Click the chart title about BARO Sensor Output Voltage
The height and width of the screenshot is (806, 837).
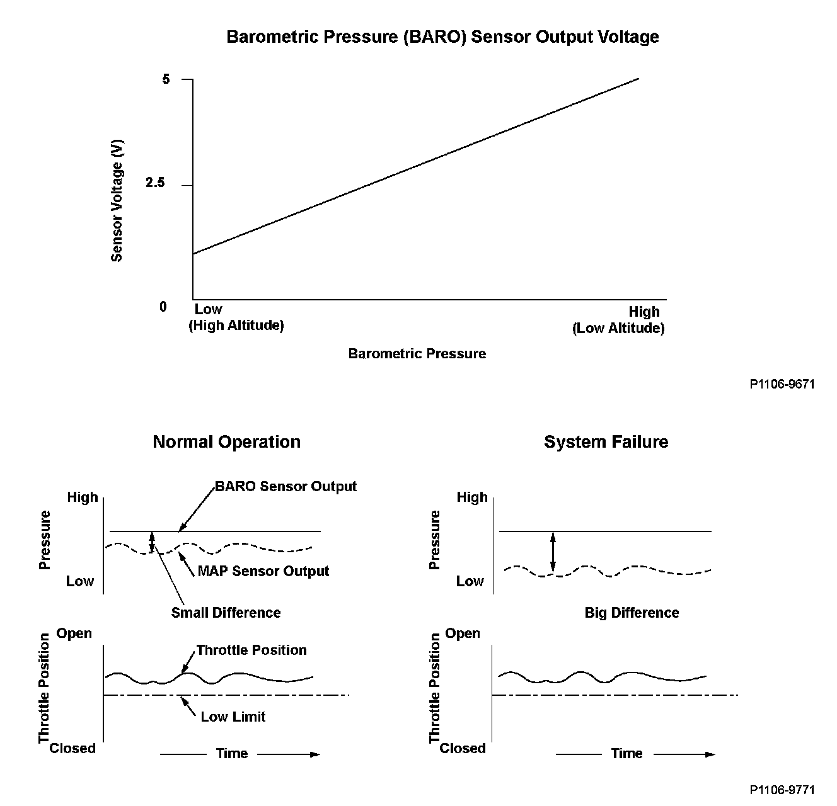[x=442, y=37]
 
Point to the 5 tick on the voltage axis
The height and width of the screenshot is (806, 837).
[x=166, y=80]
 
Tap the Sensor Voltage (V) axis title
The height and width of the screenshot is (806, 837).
[x=117, y=201]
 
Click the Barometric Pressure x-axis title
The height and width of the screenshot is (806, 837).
[x=417, y=354]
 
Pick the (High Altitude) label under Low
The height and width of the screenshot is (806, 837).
[x=236, y=326]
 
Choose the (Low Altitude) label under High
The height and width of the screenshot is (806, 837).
[x=618, y=328]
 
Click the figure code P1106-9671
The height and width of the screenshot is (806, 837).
[x=782, y=383]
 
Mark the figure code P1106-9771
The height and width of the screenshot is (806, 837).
[x=782, y=790]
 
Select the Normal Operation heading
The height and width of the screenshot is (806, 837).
[x=226, y=442]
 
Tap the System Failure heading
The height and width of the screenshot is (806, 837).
[x=606, y=442]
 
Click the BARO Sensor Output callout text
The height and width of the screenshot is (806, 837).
[x=286, y=487]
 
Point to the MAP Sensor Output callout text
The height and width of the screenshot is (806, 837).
[x=263, y=571]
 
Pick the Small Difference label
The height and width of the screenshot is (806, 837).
[x=226, y=613]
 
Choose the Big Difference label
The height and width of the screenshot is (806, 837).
[x=632, y=613]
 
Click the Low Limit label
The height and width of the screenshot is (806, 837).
[x=233, y=717]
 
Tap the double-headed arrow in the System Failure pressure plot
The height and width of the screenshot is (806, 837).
[x=553, y=553]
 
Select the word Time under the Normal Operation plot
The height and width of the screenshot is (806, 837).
[x=232, y=754]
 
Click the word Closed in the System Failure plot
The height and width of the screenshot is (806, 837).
[x=463, y=748]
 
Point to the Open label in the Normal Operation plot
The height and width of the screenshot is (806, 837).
[x=74, y=633]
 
